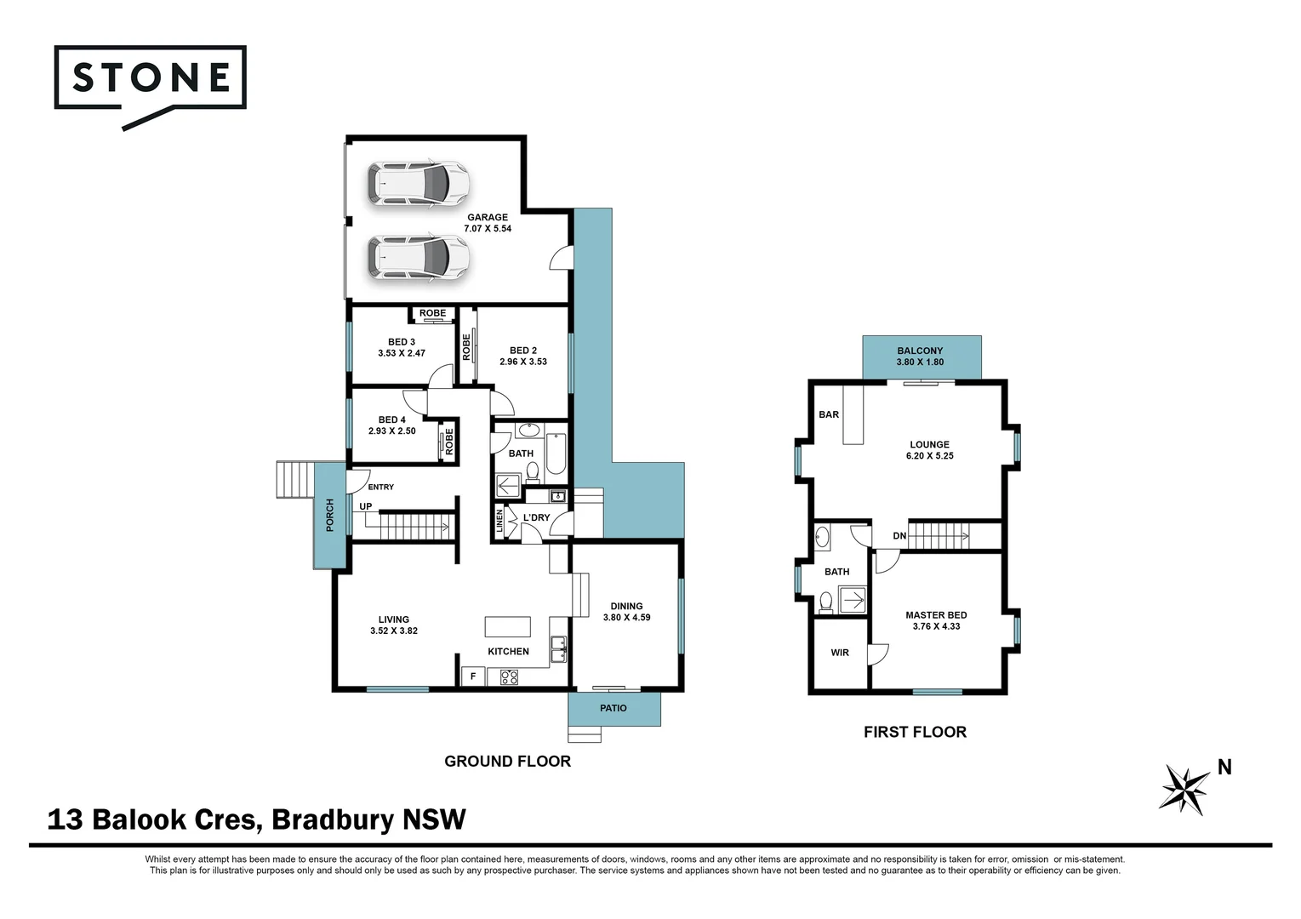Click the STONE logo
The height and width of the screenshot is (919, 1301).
151,78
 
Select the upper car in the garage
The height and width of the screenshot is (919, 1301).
418,183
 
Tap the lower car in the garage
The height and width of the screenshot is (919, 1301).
418,257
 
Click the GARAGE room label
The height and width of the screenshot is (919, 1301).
488,217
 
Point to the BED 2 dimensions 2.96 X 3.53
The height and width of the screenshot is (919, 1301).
523,362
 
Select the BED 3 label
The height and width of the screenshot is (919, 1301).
402,342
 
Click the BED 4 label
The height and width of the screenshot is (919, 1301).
392,420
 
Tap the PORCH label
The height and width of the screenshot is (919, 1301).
330,516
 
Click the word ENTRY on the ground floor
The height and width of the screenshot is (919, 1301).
380,487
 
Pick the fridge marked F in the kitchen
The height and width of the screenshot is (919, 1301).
473,676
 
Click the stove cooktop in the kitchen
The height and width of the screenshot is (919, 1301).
509,677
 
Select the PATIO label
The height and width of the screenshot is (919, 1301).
613,708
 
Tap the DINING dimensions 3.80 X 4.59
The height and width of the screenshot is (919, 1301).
627,618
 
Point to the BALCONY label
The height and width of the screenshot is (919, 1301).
920,351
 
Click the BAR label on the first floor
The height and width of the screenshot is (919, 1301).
829,414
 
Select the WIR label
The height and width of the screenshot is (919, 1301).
840,653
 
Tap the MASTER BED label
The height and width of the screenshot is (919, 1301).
936,614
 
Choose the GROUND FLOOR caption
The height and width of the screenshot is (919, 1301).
507,762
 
